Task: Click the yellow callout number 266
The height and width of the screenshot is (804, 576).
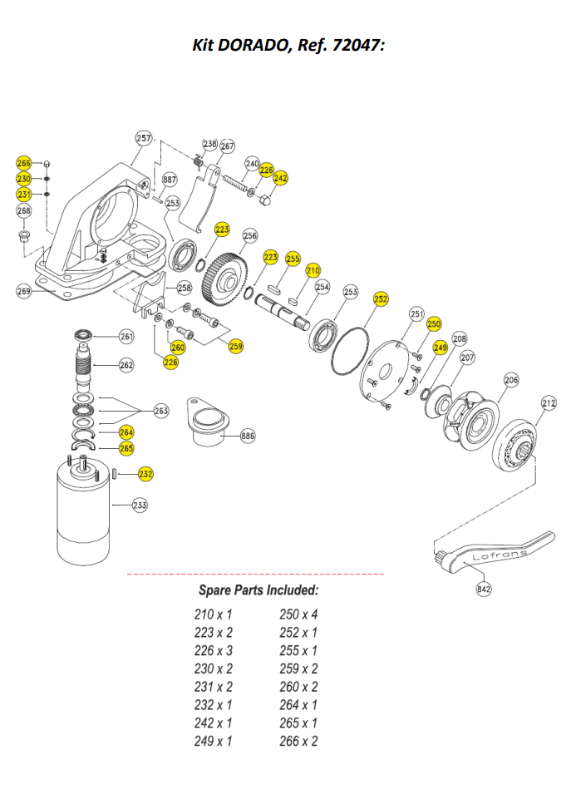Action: click(23, 164)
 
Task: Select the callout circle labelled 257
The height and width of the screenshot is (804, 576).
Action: click(144, 139)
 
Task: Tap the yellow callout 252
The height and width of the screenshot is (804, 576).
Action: click(381, 298)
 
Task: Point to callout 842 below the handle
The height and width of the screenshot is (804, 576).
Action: click(484, 589)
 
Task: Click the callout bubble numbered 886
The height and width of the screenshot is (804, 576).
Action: click(248, 436)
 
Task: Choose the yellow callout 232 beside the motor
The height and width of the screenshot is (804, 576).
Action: click(145, 474)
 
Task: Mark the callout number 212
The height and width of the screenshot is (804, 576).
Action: click(549, 404)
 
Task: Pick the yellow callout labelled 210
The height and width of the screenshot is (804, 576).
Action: click(313, 270)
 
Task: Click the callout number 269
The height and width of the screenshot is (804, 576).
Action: click(23, 290)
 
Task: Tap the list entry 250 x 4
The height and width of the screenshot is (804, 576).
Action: click(298, 614)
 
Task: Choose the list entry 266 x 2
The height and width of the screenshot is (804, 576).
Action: click(298, 741)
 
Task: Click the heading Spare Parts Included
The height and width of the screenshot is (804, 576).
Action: click(258, 590)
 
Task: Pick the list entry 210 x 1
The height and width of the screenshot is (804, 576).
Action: click(213, 614)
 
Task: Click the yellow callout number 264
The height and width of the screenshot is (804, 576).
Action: click(126, 432)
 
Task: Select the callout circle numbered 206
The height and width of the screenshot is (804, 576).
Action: click(511, 380)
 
